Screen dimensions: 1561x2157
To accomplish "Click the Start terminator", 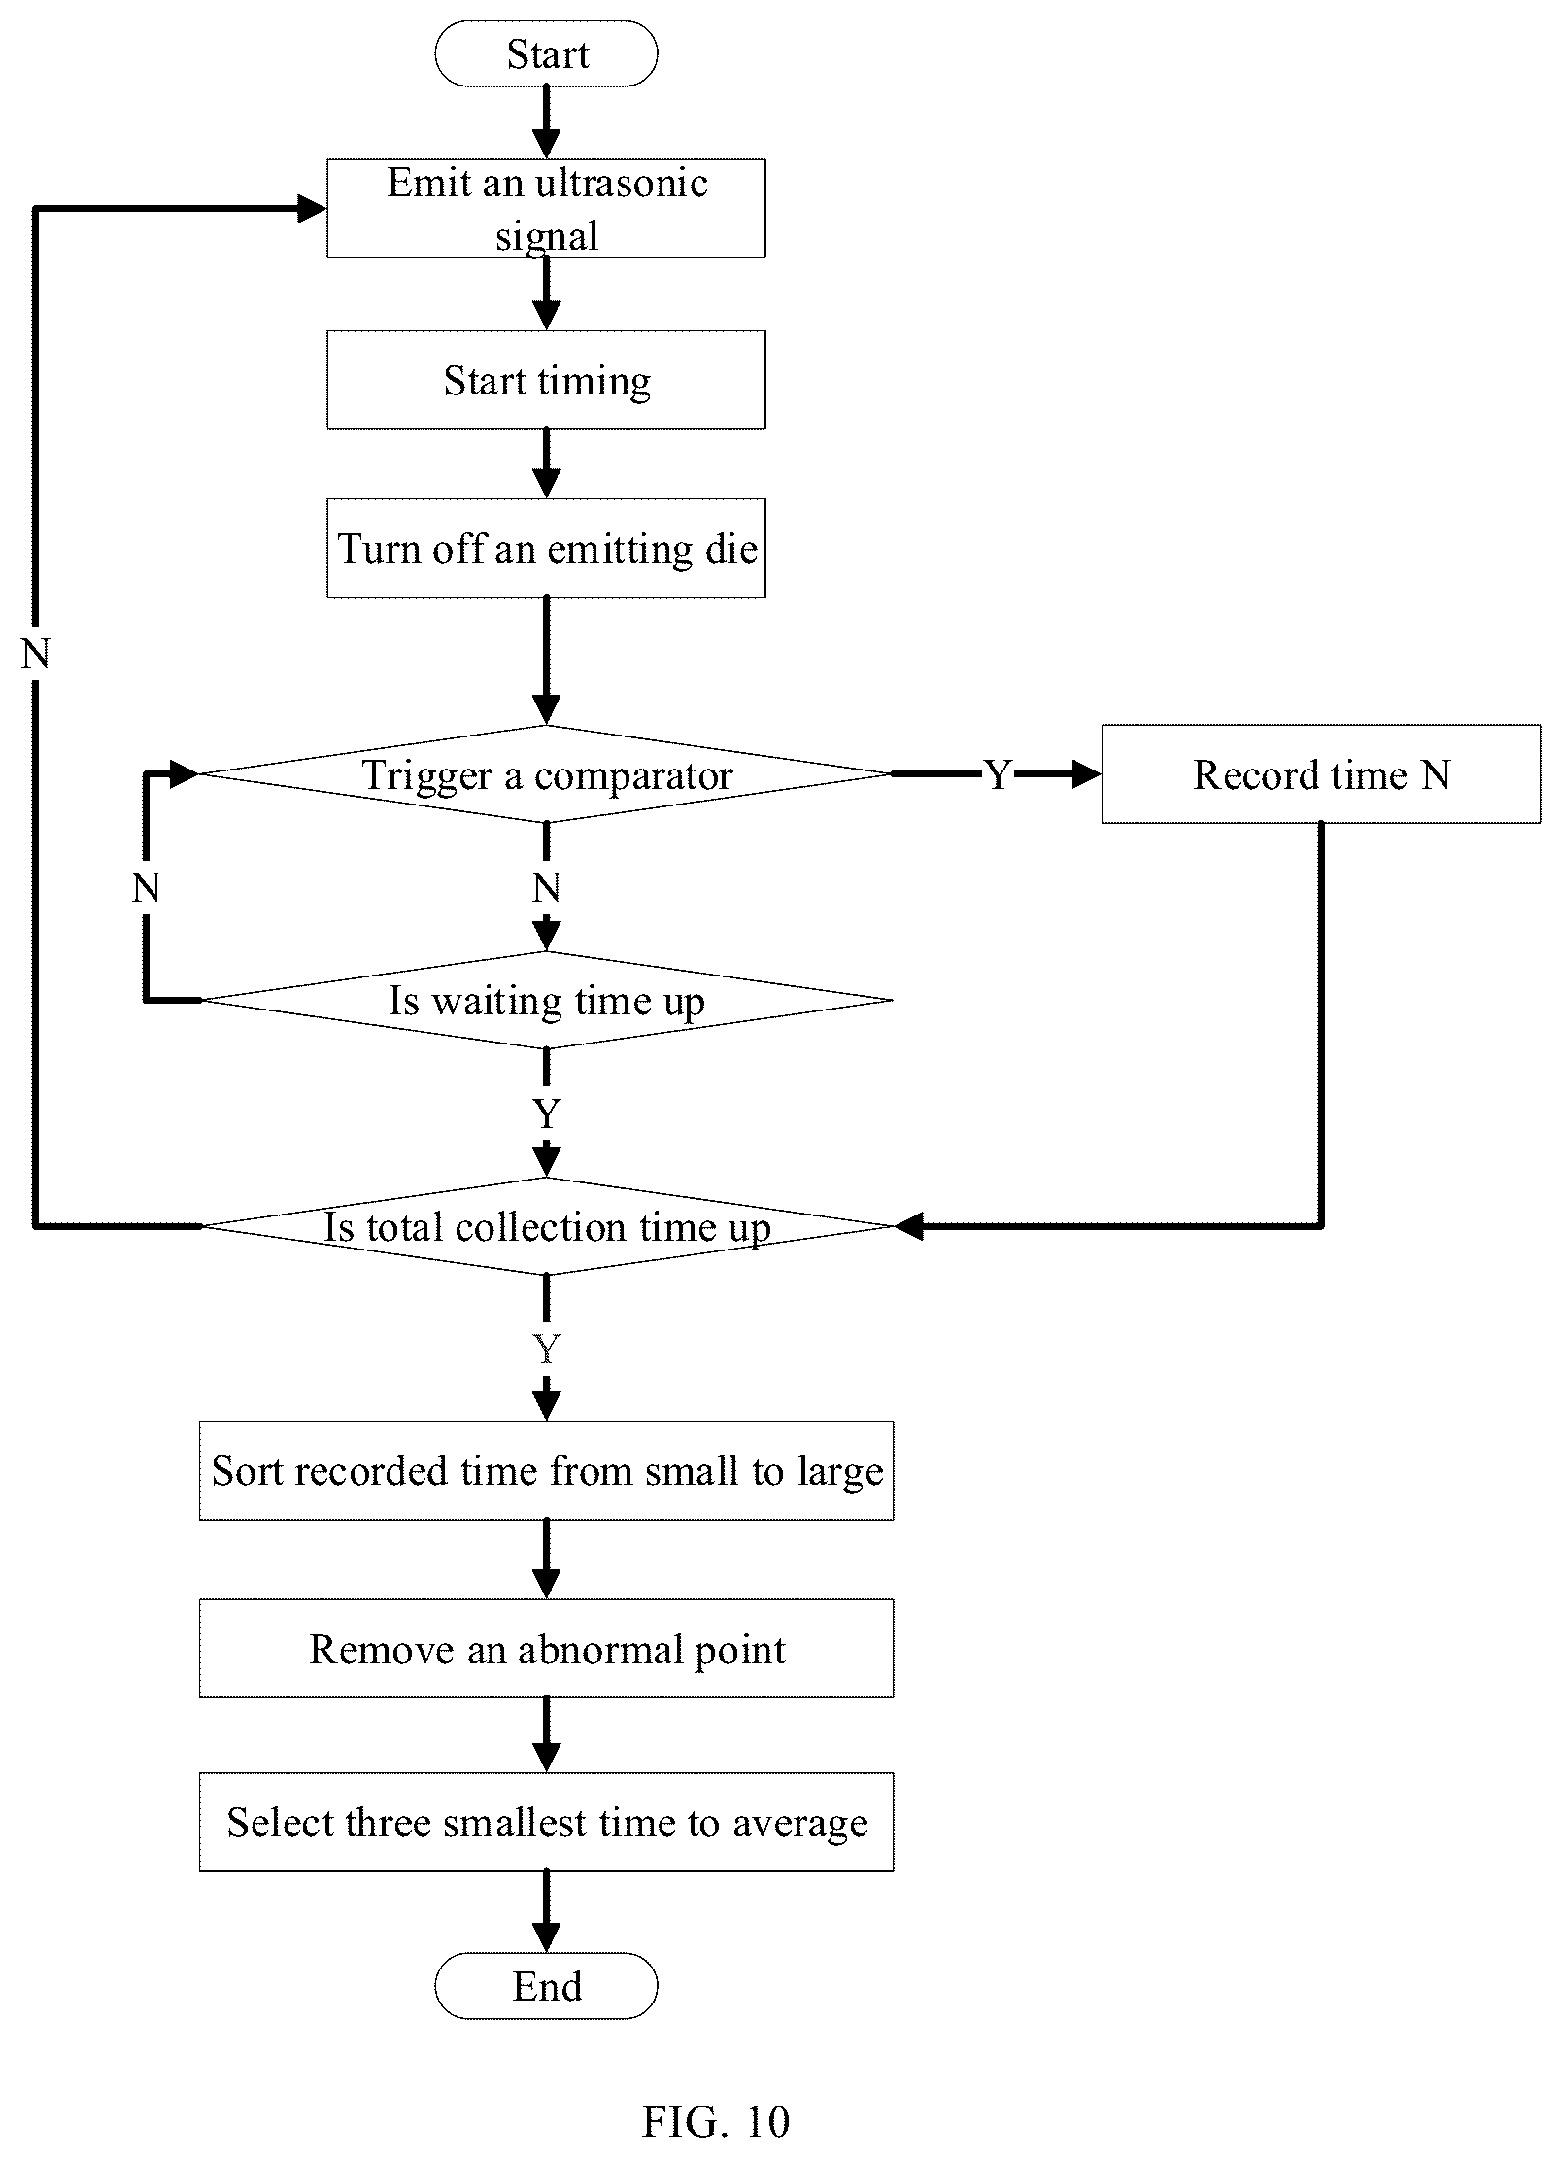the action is [546, 53].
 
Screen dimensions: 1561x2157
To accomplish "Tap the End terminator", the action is [546, 1986].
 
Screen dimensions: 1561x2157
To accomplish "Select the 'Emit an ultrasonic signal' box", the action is [546, 209].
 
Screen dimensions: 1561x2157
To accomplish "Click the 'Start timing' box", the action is [546, 380].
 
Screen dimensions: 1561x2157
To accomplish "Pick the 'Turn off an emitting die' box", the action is [546, 548].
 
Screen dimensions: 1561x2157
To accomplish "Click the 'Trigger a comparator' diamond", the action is [546, 774].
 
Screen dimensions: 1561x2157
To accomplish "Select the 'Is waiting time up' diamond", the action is [546, 1000].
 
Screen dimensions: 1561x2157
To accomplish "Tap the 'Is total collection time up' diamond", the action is [546, 1226].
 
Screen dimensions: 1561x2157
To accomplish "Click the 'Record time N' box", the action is [1321, 774].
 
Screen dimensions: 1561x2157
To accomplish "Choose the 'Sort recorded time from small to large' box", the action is [546, 1471].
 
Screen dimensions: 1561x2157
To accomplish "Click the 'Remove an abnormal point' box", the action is [546, 1649].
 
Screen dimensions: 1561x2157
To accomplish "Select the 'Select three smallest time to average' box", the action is [546, 1822].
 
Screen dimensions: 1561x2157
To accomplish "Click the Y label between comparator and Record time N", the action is [999, 775].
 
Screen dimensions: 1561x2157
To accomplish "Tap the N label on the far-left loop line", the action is [35, 655].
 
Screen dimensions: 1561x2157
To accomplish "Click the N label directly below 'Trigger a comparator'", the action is [547, 888].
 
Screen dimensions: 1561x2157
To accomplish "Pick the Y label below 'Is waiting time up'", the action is [547, 1113].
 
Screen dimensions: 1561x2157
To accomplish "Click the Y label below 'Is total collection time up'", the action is [547, 1349].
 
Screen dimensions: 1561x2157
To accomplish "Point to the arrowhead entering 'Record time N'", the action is [1087, 774].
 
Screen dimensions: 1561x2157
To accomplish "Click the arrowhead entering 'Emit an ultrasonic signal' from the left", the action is [312, 209].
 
